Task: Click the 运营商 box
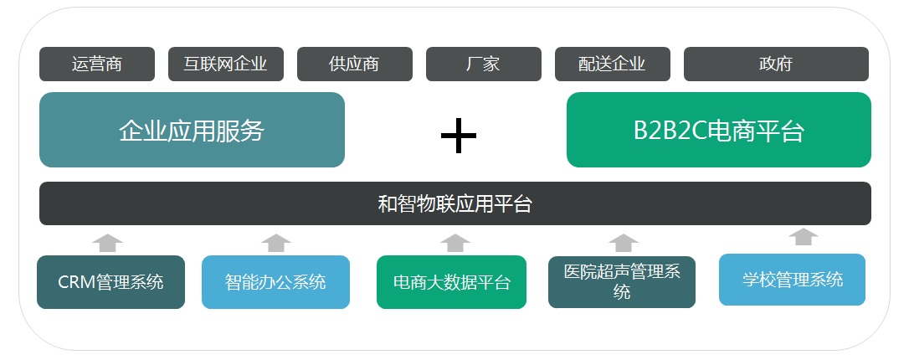[x=97, y=64]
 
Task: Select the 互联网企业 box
[x=226, y=64]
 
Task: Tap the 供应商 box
[x=354, y=64]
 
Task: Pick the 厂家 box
[x=483, y=64]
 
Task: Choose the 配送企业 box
[x=612, y=64]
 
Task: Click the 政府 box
[x=776, y=64]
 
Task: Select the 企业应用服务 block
[x=192, y=130]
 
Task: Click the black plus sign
[x=458, y=136]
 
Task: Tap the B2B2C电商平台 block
[x=718, y=130]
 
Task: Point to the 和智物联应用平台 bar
[x=454, y=203]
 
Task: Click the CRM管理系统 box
[x=110, y=282]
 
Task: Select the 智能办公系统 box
[x=275, y=282]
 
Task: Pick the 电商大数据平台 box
[x=451, y=282]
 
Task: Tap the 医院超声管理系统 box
[x=621, y=282]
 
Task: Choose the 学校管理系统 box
[x=792, y=280]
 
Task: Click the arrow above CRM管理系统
[x=108, y=243]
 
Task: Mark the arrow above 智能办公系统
[x=275, y=243]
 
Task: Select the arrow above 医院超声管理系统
[x=624, y=243]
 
